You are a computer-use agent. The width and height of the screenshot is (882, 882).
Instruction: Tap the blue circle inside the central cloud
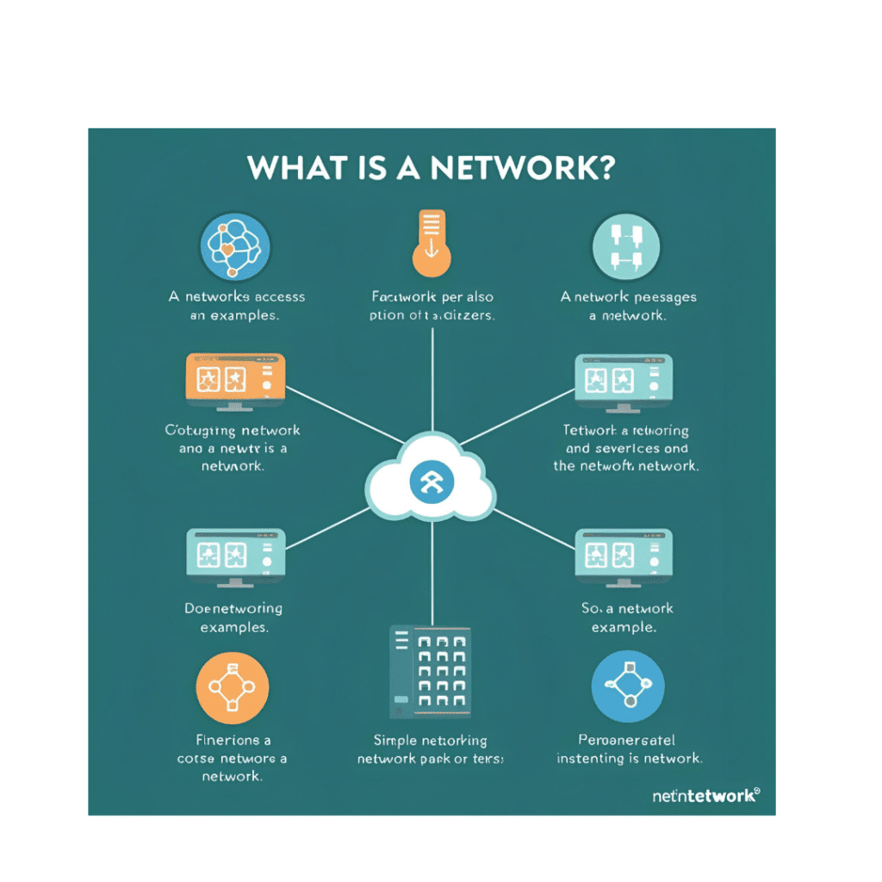coord(431,484)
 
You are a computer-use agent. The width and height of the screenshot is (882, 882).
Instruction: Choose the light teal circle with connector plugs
coord(626,245)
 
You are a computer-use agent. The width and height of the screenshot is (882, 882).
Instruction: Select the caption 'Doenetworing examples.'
coord(233,618)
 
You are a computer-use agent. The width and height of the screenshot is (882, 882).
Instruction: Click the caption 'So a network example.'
coord(626,618)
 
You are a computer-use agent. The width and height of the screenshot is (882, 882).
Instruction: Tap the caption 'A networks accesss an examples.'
coord(236,306)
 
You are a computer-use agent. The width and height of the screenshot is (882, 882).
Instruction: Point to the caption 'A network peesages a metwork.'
coord(628,306)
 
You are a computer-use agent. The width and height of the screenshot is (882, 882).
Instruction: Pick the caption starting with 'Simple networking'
coord(431,749)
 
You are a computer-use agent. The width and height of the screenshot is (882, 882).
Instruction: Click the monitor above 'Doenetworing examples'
coord(235,556)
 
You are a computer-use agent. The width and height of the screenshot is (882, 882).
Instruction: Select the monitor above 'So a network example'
coord(624,556)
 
